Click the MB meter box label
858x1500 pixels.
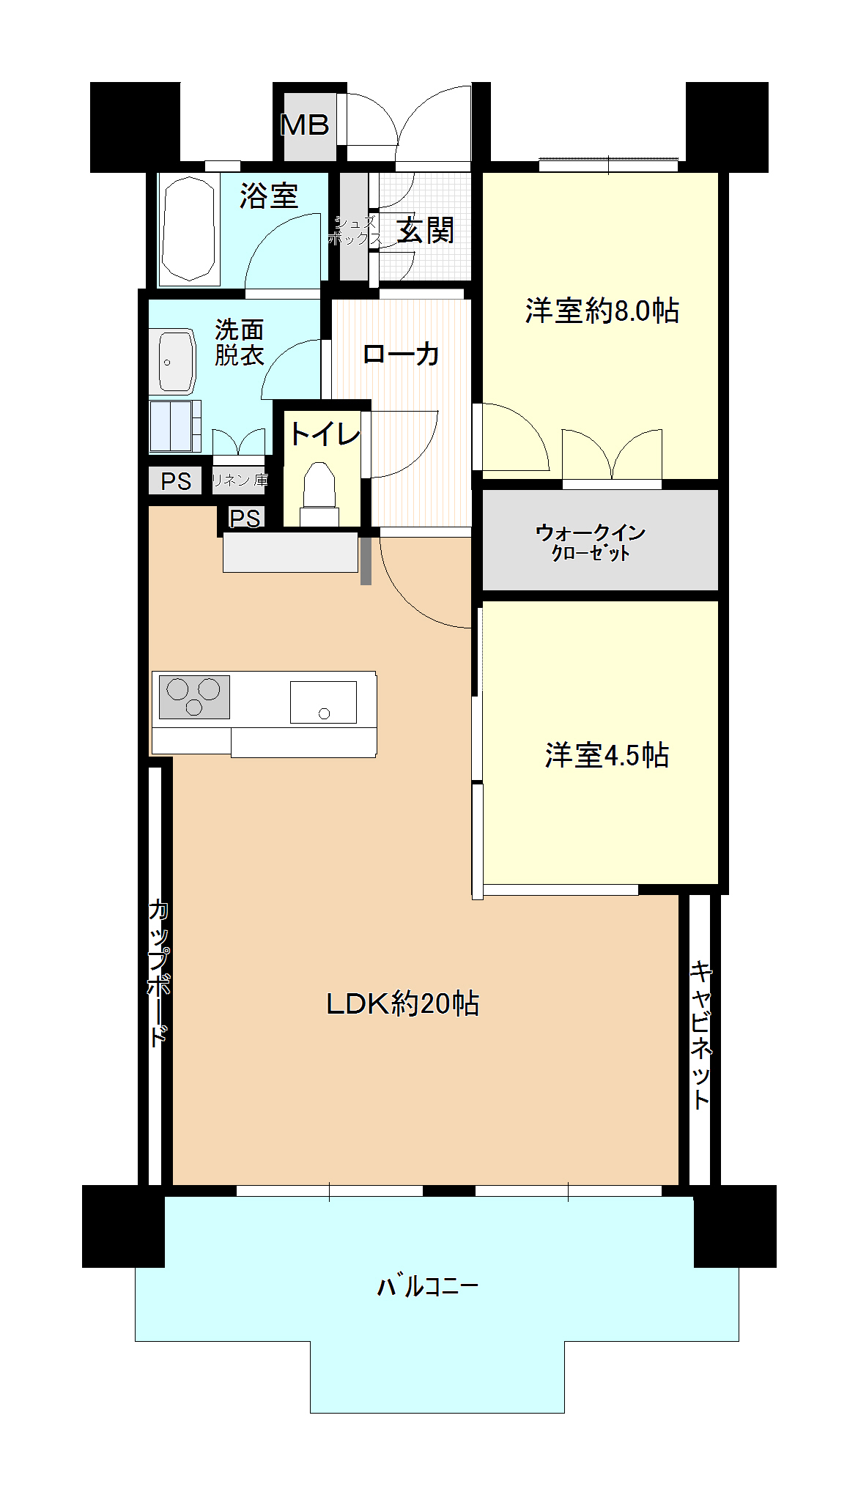point(305,125)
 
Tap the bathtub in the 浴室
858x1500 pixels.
point(190,229)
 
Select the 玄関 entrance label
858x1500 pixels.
point(426,231)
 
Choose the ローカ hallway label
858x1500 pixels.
point(401,354)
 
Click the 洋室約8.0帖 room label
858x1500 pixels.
point(602,311)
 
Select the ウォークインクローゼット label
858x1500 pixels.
point(591,542)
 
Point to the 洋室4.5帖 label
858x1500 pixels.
point(607,755)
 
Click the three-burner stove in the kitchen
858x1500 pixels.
point(194,697)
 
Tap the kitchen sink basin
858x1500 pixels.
point(323,702)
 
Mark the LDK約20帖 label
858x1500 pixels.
point(402,1003)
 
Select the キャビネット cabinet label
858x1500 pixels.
point(701,1035)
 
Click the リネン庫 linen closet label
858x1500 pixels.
point(240,480)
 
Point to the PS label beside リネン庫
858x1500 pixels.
point(176,481)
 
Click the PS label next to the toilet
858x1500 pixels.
point(245,519)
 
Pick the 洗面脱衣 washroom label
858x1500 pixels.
point(240,342)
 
